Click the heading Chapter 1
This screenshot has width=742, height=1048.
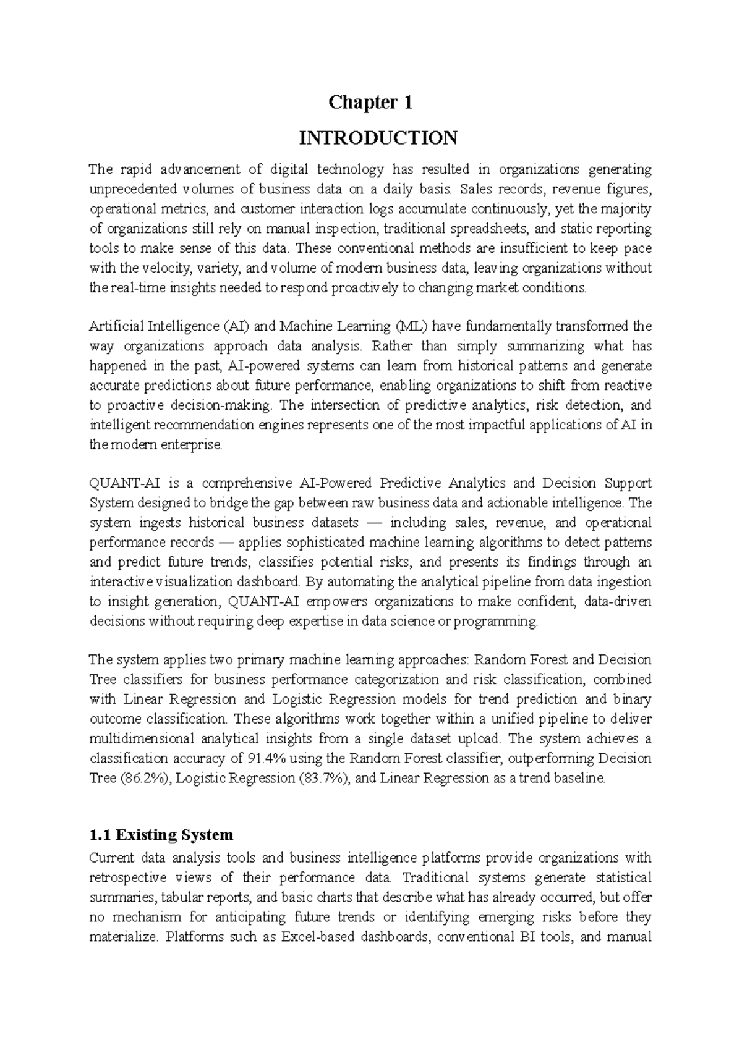pos(370,103)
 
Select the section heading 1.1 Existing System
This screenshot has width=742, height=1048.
pos(161,835)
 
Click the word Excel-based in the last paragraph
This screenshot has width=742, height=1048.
pos(318,937)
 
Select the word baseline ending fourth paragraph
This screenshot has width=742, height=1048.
pos(583,779)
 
